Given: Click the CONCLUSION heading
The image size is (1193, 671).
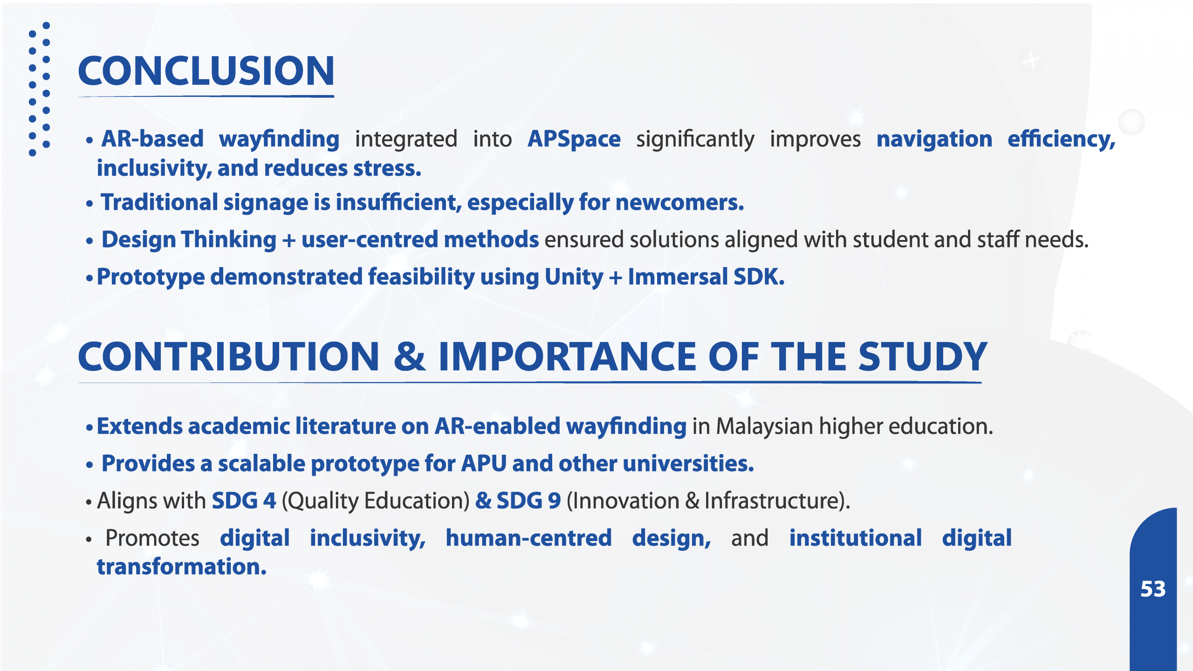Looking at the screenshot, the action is pyautogui.click(x=206, y=71).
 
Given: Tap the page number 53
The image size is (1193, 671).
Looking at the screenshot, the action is pyautogui.click(x=1153, y=589).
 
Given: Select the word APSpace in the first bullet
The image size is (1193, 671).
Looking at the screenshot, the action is pyautogui.click(x=574, y=139).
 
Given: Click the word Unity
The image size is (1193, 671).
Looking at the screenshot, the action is pyautogui.click(x=574, y=277).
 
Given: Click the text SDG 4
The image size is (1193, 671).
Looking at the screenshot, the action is pyautogui.click(x=244, y=501).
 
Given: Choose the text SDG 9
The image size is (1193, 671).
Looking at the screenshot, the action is pyautogui.click(x=528, y=501).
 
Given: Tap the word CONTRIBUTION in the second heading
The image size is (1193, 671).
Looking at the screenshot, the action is pyautogui.click(x=229, y=356).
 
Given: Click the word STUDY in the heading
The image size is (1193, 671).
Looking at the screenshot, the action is pyautogui.click(x=923, y=356).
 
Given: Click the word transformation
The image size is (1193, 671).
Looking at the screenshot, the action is pyautogui.click(x=182, y=567).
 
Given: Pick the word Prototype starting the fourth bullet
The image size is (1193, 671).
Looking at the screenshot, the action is pyautogui.click(x=151, y=277).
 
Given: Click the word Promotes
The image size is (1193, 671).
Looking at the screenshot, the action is pyautogui.click(x=152, y=538).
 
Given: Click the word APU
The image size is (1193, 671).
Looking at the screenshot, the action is pyautogui.click(x=484, y=464).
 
